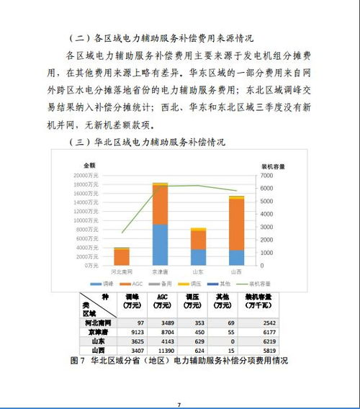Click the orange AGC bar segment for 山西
[236, 223]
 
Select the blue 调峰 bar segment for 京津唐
[160, 244]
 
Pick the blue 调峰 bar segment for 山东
[198, 257]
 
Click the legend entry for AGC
[130, 285]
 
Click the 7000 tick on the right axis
[266, 175]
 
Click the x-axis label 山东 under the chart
[198, 272]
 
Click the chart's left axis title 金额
[89, 165]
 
